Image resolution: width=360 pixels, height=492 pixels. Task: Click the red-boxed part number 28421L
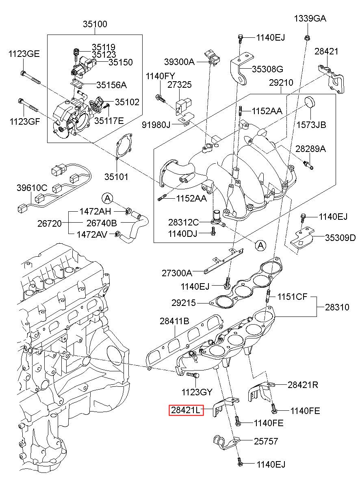click(185, 410)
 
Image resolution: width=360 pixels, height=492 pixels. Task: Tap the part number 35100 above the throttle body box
click(95, 24)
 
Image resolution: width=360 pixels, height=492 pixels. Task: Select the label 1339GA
click(310, 19)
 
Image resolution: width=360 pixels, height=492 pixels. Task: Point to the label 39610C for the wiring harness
click(32, 188)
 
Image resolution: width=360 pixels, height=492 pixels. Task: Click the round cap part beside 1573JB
click(311, 102)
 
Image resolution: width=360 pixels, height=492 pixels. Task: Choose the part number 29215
click(183, 303)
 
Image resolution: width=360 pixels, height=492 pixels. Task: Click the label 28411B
click(174, 321)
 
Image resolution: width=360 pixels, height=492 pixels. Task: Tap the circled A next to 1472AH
click(107, 198)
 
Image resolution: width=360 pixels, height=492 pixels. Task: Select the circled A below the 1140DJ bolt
click(260, 245)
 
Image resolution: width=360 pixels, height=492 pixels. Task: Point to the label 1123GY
click(197, 392)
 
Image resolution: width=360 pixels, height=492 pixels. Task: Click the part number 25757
click(267, 440)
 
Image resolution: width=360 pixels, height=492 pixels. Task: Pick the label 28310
click(337, 307)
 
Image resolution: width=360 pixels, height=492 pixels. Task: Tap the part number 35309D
click(340, 238)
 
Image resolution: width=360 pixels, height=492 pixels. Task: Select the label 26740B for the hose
click(102, 223)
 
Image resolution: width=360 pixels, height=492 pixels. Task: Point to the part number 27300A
click(177, 273)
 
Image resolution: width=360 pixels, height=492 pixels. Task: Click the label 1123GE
click(25, 54)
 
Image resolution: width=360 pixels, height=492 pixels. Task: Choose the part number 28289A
click(310, 149)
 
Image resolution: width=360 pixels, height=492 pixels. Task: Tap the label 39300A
click(180, 62)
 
